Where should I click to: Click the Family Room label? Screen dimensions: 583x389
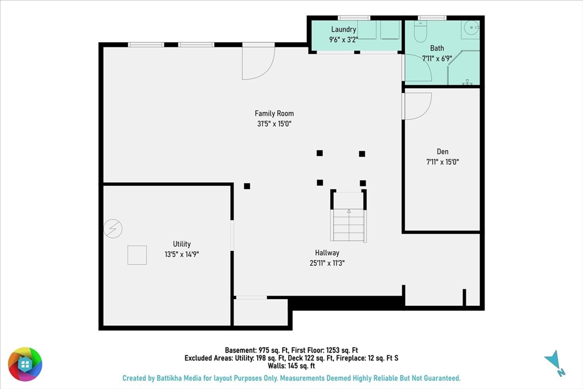click(274, 113)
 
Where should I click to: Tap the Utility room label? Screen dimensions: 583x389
click(182, 244)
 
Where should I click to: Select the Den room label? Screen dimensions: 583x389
click(442, 151)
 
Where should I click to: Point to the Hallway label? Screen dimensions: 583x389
click(327, 253)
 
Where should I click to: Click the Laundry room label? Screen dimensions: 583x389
click(343, 30)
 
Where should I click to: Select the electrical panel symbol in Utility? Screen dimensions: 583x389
click(113, 228)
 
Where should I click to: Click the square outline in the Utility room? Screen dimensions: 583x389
click(137, 255)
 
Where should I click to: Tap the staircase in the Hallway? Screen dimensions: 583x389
click(348, 225)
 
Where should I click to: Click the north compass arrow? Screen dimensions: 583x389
click(555, 362)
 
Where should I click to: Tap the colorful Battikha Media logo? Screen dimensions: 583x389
click(25, 365)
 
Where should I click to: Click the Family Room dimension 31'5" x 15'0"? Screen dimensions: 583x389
click(274, 124)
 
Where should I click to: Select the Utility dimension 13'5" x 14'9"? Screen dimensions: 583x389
click(182, 255)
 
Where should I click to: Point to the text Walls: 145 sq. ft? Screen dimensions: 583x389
click(291, 366)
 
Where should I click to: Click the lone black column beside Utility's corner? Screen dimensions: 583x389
click(247, 186)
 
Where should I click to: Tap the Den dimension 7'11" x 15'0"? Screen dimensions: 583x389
click(442, 162)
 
